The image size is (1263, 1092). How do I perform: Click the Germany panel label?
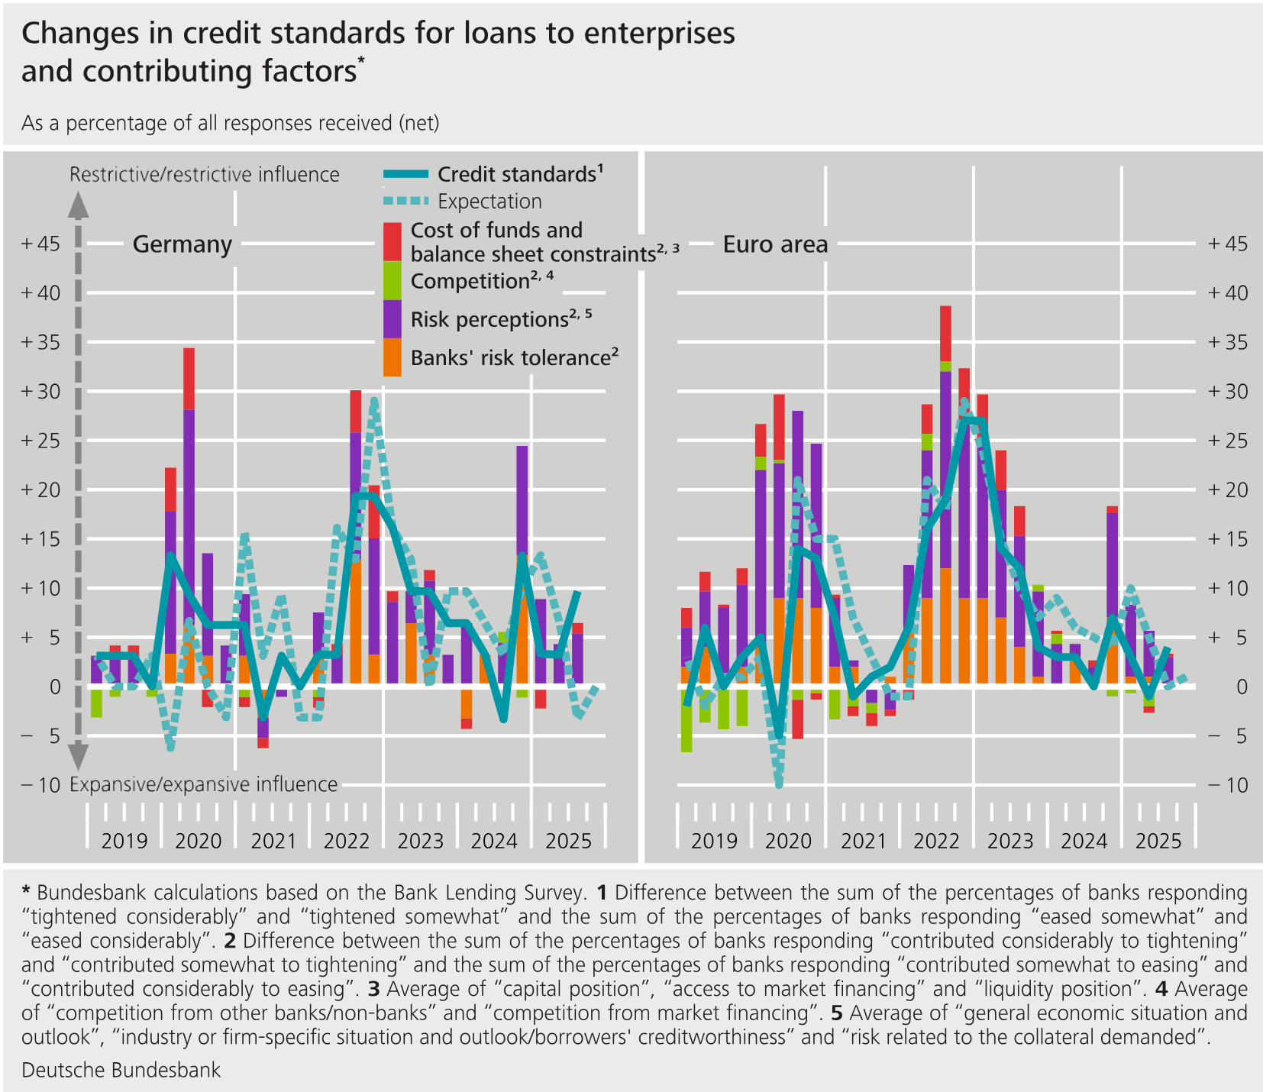pyautogui.click(x=182, y=244)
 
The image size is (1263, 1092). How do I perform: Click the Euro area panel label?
pyautogui.click(x=775, y=244)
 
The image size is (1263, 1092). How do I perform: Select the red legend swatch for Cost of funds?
pyautogui.click(x=392, y=241)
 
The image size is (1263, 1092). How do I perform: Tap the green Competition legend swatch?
pyautogui.click(x=392, y=280)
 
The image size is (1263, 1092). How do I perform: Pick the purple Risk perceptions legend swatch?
pyautogui.click(x=392, y=318)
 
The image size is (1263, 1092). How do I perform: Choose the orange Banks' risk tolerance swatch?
pyautogui.click(x=392, y=357)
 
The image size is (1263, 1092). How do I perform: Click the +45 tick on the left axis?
pyautogui.click(x=40, y=244)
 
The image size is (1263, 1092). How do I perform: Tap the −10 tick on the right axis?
pyautogui.click(x=1228, y=785)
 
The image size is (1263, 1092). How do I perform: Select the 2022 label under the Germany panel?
pyautogui.click(x=347, y=842)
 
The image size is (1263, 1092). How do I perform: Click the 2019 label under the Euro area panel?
pyautogui.click(x=714, y=842)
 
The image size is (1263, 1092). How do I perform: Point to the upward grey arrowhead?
pyautogui.click(x=79, y=205)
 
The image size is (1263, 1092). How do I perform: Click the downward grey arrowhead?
pyautogui.click(x=79, y=758)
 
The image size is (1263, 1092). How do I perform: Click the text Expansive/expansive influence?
pyautogui.click(x=203, y=785)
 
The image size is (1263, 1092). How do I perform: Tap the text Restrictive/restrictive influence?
pyautogui.click(x=204, y=175)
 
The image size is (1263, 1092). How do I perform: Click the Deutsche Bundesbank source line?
pyautogui.click(x=121, y=1070)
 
